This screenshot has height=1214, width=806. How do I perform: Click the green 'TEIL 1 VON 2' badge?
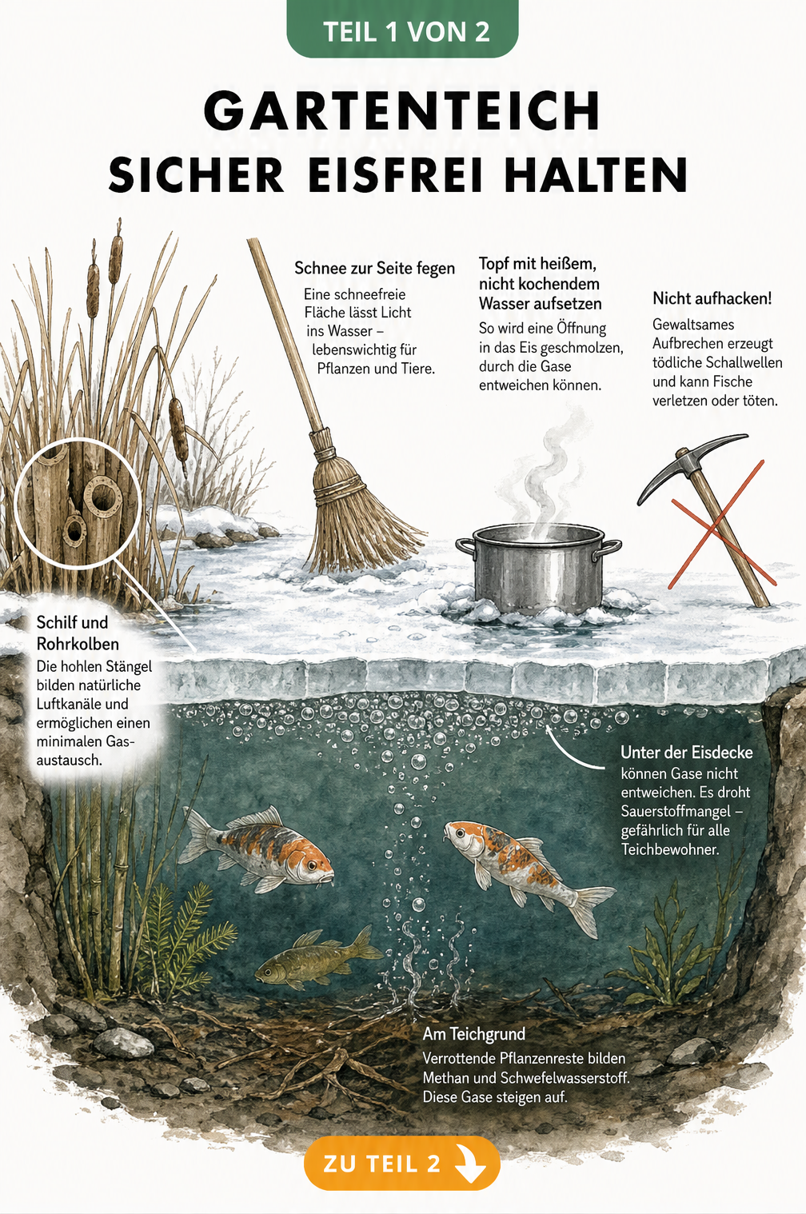[402, 30]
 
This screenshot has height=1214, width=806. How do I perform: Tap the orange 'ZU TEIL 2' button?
[401, 1164]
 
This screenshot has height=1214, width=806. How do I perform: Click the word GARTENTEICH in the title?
[401, 110]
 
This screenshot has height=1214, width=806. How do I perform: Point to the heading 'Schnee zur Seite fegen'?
[374, 268]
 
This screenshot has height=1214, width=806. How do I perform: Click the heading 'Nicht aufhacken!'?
[712, 298]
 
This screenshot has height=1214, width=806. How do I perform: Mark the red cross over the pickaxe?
[722, 525]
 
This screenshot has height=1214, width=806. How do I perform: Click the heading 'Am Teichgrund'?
[473, 1034]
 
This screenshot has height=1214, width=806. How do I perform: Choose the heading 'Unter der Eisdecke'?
[687, 753]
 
